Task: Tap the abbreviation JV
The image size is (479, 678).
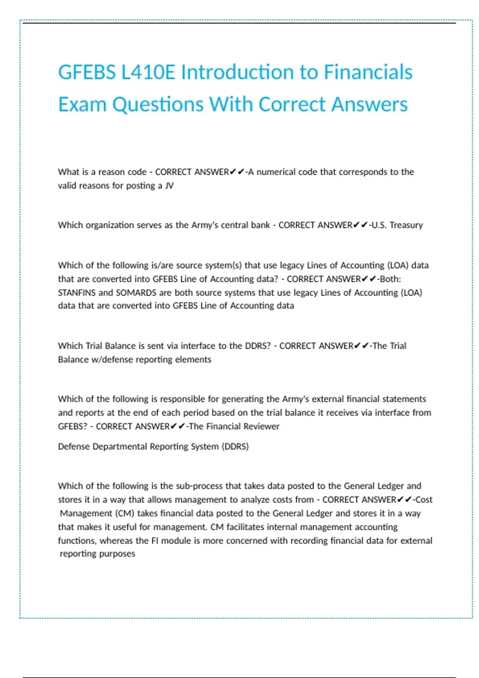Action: click(169, 185)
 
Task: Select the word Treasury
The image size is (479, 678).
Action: click(406, 225)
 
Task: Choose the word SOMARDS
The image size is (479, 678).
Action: click(136, 292)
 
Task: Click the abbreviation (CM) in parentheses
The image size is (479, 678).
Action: click(125, 513)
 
